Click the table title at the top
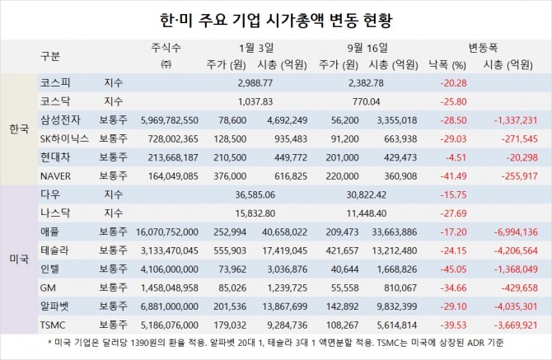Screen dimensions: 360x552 [x=275, y=17]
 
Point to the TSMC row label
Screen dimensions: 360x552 [x=53, y=325]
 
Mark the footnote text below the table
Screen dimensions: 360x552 [x=275, y=343]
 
